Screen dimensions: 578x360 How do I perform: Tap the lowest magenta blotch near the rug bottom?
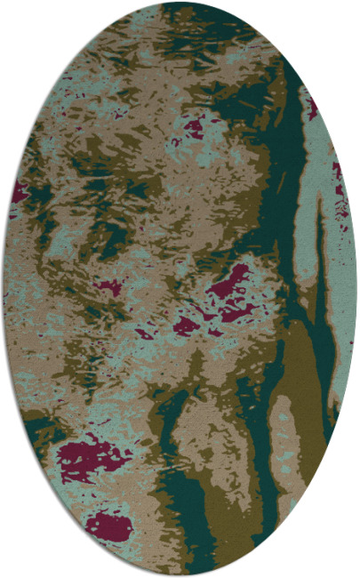108,526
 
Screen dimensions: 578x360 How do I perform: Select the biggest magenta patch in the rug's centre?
230,283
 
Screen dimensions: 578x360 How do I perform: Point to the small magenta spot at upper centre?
192,127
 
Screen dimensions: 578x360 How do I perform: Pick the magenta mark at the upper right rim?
312,108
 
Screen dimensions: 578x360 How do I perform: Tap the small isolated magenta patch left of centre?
108,287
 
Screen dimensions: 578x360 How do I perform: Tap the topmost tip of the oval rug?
179,4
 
